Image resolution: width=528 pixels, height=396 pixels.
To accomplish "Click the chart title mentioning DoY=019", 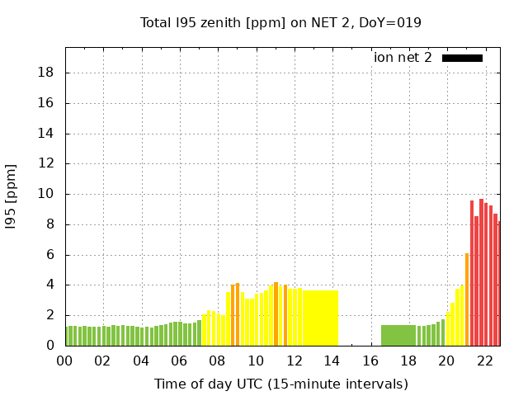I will pos(281,22).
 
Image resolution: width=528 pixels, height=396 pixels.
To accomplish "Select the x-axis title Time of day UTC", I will pos(280,384).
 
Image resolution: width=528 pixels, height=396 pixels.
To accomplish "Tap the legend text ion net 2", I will pos(403,58).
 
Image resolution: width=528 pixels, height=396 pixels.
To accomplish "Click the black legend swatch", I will pos(462,58).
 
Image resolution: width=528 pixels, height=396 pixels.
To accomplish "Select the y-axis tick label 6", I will pos(50,255).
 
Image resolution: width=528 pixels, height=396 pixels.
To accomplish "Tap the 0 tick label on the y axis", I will pos(50,346).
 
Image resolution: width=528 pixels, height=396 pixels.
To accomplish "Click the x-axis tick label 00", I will pos(64,361).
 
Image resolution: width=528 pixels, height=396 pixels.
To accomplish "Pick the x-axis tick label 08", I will pos(217,361).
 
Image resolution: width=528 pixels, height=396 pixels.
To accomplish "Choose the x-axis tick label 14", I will pos(332,361).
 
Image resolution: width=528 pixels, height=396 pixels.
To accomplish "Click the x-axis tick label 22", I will pos(484,361).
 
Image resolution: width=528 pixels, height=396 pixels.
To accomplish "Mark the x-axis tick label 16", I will pos(370,361).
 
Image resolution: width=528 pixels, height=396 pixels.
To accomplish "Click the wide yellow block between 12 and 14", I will pos(320,318).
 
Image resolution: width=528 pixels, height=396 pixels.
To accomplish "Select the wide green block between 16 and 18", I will pos(398,335).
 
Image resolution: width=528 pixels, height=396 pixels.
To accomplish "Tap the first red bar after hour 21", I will pos(472,273).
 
